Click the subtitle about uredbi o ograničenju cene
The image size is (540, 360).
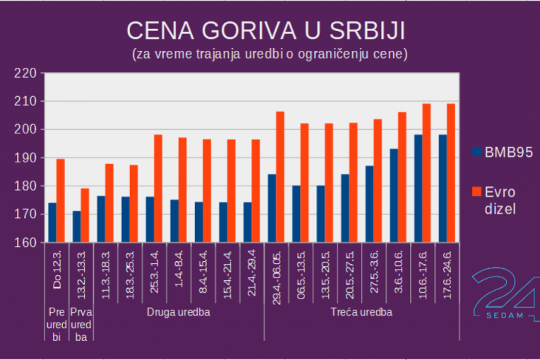(270, 54)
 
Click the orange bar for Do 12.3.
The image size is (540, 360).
(61, 201)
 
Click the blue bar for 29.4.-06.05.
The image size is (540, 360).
(272, 208)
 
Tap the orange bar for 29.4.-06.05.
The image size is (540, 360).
(280, 177)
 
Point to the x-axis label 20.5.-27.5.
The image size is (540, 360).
(349, 271)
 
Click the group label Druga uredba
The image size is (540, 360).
(179, 311)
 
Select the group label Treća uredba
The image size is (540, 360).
(361, 311)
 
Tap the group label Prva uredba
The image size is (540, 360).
(81, 324)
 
